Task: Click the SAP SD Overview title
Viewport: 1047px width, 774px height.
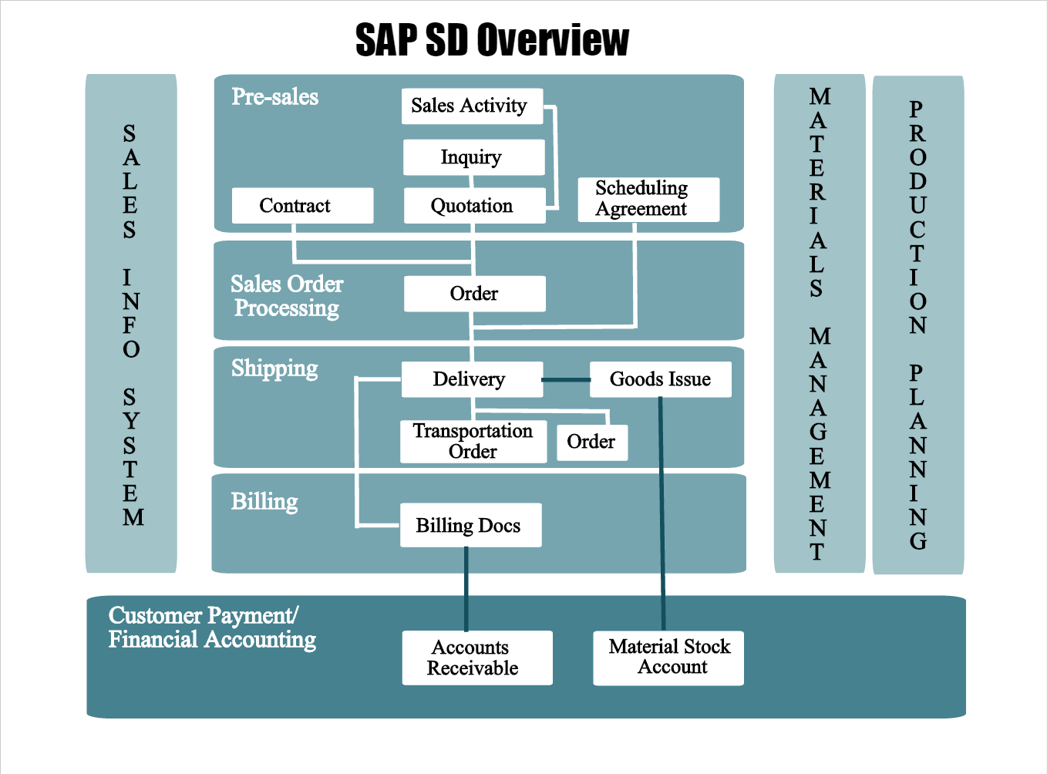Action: click(x=492, y=40)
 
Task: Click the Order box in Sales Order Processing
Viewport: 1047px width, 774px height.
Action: click(x=474, y=294)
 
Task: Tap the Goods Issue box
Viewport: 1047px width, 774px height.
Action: click(x=660, y=379)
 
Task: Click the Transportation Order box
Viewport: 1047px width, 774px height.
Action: click(x=473, y=441)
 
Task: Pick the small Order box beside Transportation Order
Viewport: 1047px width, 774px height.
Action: click(x=591, y=443)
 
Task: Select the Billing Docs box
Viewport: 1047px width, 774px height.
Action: click(x=470, y=525)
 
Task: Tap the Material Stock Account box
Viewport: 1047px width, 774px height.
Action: click(x=668, y=658)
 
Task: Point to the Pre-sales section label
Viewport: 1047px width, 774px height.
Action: click(x=275, y=97)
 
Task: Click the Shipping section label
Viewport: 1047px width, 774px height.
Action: click(x=274, y=368)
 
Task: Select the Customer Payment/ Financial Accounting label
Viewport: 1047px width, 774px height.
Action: click(x=212, y=628)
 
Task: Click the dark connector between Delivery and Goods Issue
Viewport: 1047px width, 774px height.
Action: click(x=566, y=379)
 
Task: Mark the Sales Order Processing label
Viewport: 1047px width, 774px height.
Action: click(x=287, y=296)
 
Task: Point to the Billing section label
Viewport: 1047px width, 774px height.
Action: click(x=264, y=502)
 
